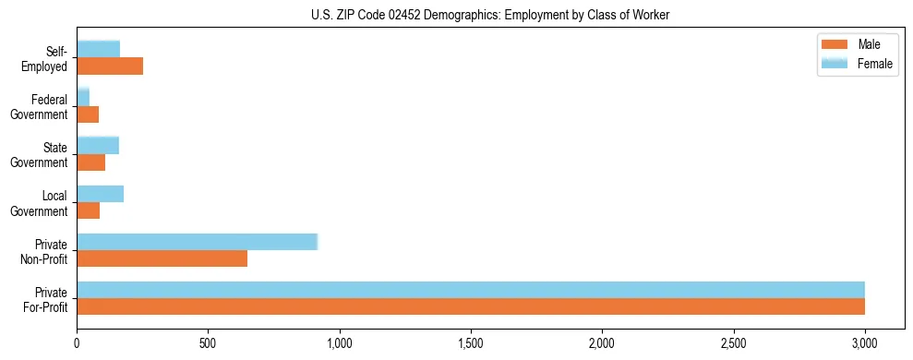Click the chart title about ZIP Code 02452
click(x=456, y=15)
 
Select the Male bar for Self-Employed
click(x=110, y=66)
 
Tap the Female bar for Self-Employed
click(x=99, y=49)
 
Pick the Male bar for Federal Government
click(x=88, y=114)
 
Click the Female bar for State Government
click(x=98, y=145)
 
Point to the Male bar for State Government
click(x=91, y=162)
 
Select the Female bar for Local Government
click(x=101, y=193)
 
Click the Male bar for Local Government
click(x=89, y=210)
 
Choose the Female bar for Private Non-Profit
click(x=197, y=242)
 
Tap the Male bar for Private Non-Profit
click(x=162, y=259)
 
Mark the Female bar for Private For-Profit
click(x=471, y=290)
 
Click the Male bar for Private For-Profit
click(x=471, y=307)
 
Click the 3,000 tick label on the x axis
click(x=865, y=343)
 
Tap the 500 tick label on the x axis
click(x=209, y=343)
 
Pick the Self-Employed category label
click(x=47, y=58)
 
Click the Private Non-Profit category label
click(x=47, y=251)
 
